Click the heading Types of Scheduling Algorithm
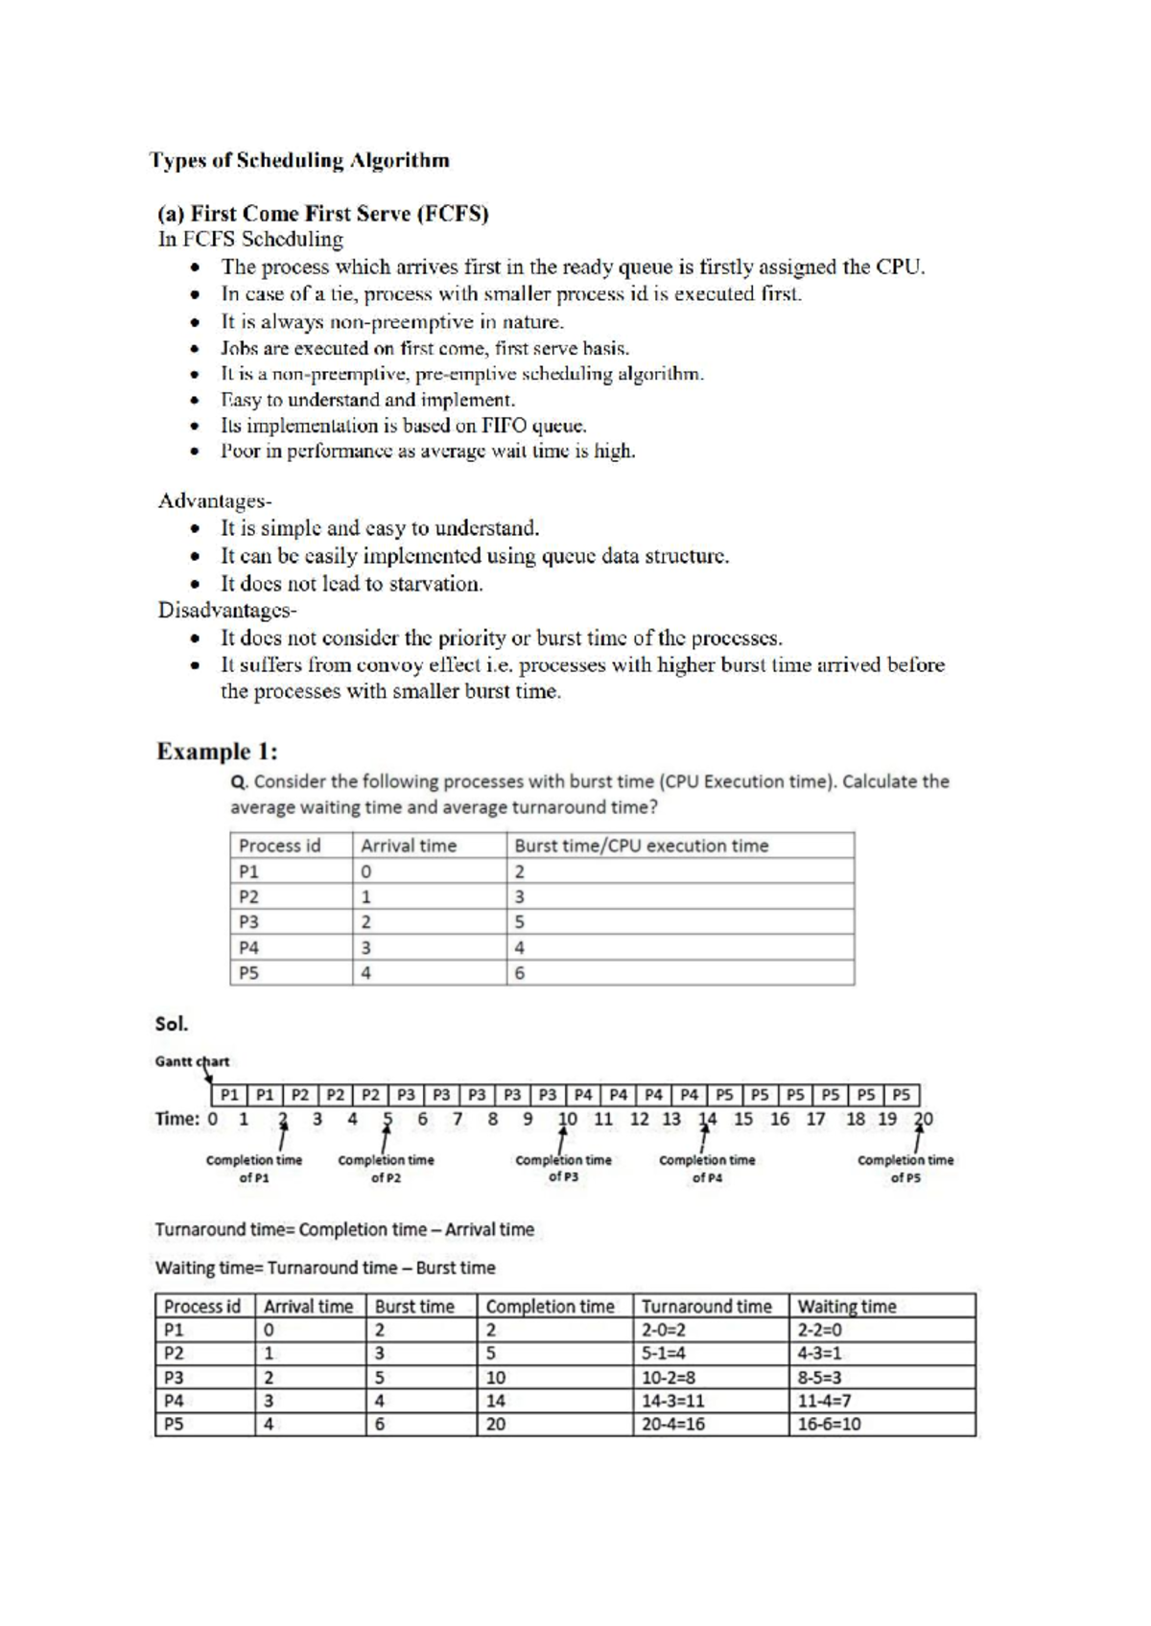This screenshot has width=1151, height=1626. tap(299, 161)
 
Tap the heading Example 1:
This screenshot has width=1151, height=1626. tap(217, 752)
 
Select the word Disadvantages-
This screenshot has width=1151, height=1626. tap(227, 611)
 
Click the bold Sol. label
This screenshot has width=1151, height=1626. tap(172, 1024)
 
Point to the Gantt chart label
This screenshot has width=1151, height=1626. tap(192, 1061)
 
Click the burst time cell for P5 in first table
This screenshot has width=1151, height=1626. tap(520, 973)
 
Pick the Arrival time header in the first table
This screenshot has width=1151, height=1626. tap(409, 846)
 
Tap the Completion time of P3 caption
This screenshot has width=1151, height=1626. tap(563, 1168)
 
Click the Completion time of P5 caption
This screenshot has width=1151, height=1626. tap(905, 1168)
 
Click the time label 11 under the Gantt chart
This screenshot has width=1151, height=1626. tap(603, 1119)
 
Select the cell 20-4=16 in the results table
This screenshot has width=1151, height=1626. tap(673, 1425)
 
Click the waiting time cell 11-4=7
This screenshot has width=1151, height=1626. tap(824, 1401)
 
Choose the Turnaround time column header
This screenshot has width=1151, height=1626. tap(706, 1307)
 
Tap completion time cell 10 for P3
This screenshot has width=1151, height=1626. tap(496, 1378)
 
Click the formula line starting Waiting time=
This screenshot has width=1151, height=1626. tap(325, 1268)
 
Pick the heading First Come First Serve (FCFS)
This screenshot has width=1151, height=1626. tap(323, 214)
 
